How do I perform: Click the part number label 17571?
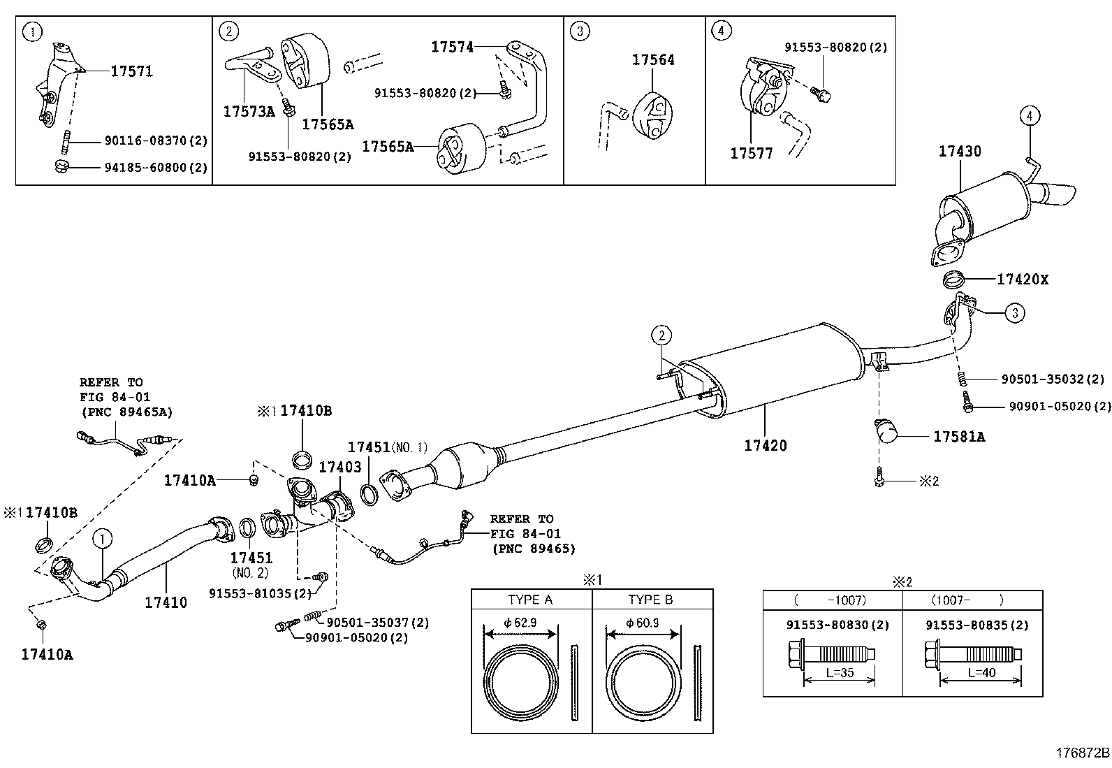tap(131, 71)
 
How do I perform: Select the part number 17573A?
tap(249, 112)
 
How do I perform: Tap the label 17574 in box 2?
tap(452, 47)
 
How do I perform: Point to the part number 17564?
tap(653, 60)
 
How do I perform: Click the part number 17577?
tap(752, 153)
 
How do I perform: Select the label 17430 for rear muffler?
tap(959, 151)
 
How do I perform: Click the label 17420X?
tap(1023, 280)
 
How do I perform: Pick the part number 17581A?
tap(959, 437)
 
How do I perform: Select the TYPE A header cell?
tap(530, 600)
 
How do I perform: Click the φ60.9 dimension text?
tap(643, 623)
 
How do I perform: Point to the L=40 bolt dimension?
tap(981, 673)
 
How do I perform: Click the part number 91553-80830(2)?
tap(837, 625)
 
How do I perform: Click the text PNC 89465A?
tap(126, 412)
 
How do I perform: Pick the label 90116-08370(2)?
tap(156, 141)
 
